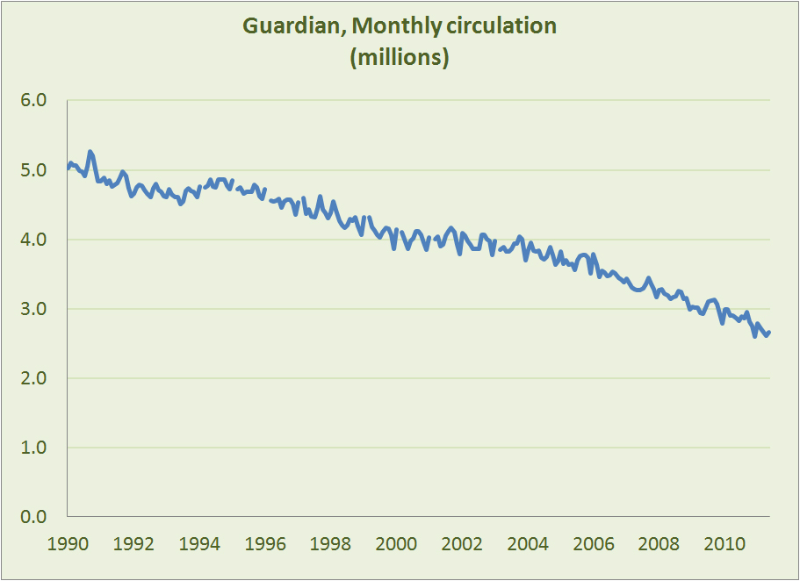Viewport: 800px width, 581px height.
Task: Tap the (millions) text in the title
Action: point(400,59)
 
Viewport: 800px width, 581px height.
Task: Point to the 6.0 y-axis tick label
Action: point(34,101)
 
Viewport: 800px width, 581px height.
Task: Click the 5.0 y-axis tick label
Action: point(34,170)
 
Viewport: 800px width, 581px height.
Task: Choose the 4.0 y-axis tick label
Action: point(34,240)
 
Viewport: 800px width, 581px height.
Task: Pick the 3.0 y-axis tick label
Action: point(34,309)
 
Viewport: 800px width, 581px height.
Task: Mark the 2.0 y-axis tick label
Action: point(34,378)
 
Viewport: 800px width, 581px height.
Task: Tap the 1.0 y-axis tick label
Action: point(34,448)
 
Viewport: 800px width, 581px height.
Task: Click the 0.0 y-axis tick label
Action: point(34,517)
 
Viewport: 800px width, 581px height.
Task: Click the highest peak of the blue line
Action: point(90,152)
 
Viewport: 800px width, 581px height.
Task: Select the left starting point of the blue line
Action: point(68,168)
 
